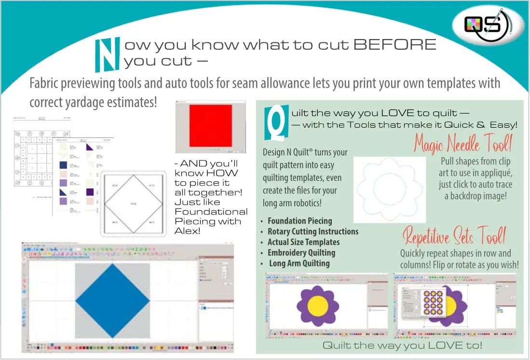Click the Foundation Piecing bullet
[300, 221]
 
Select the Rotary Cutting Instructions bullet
[313, 231]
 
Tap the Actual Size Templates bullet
[303, 242]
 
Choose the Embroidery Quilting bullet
[301, 253]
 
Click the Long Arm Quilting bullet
[299, 263]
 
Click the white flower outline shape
[390, 182]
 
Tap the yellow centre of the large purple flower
[318, 305]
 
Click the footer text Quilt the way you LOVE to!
[402, 345]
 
